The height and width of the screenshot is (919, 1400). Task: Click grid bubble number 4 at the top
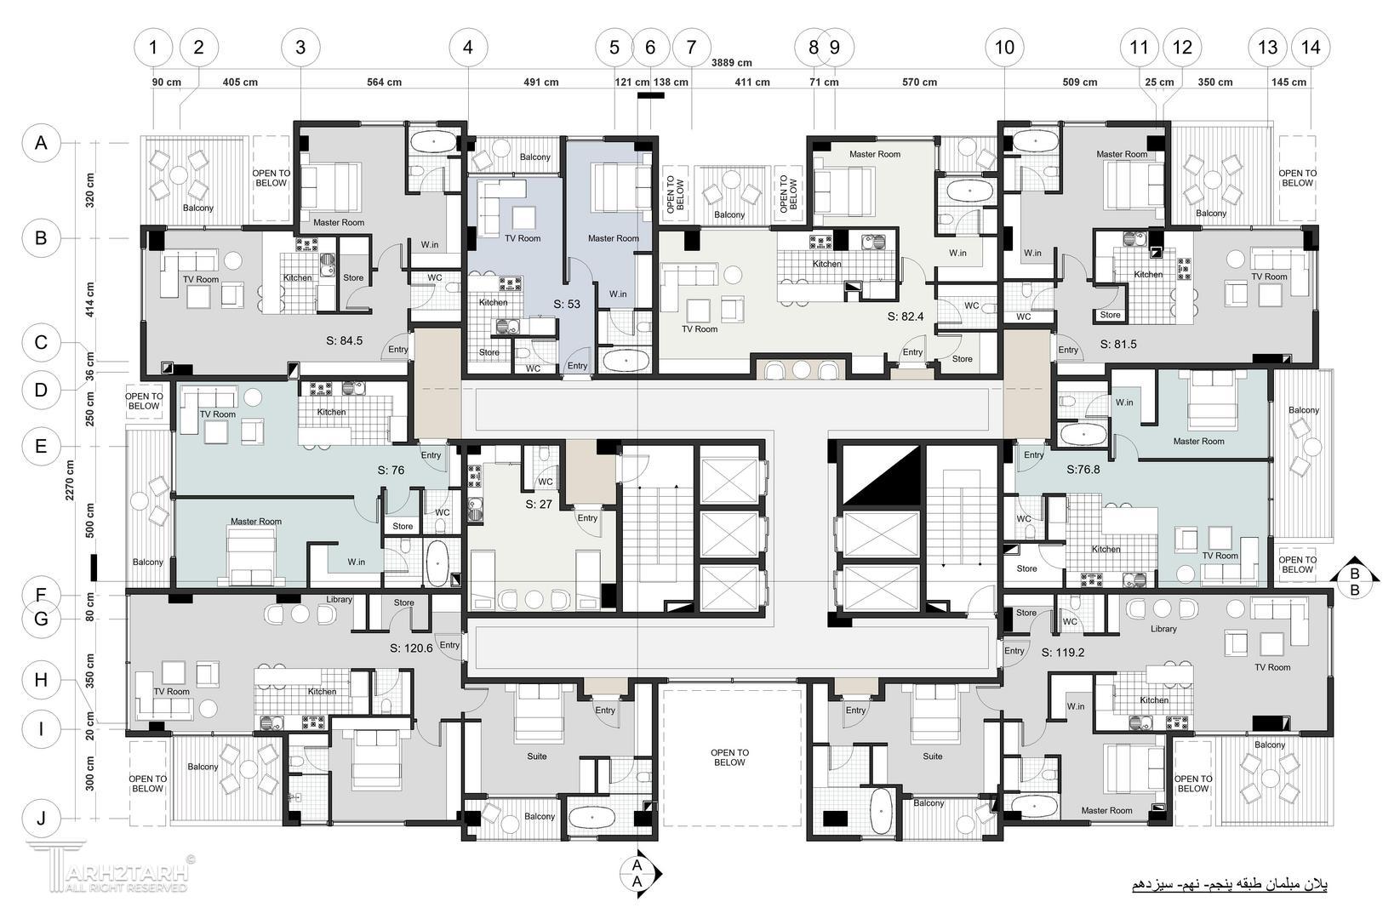click(x=468, y=48)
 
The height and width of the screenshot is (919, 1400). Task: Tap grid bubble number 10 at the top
click(x=1004, y=48)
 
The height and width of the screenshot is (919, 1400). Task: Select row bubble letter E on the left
click(x=41, y=446)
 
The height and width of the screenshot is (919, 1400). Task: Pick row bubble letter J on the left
click(x=41, y=818)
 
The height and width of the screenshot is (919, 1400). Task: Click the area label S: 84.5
click(x=345, y=340)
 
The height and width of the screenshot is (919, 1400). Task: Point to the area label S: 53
click(x=567, y=305)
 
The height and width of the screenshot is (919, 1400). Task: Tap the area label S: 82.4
click(x=906, y=317)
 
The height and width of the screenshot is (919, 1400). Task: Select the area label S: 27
click(x=539, y=504)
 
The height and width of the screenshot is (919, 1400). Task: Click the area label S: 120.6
click(x=411, y=648)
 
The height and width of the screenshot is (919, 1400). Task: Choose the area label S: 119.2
click(x=1063, y=653)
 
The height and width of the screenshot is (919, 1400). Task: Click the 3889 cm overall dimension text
click(x=731, y=63)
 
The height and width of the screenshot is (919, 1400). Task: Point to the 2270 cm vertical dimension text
click(x=70, y=481)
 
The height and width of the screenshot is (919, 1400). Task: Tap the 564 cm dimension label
click(x=385, y=83)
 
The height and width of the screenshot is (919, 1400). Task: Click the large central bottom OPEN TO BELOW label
click(x=729, y=758)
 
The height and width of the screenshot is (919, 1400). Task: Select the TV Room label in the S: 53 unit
click(x=523, y=238)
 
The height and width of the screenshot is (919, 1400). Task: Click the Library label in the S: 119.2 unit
click(x=1163, y=629)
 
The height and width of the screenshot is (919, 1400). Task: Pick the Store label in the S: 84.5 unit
click(x=353, y=278)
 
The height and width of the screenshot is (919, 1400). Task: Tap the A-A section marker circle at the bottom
click(x=637, y=873)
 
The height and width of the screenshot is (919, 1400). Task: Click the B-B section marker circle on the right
click(x=1355, y=582)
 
